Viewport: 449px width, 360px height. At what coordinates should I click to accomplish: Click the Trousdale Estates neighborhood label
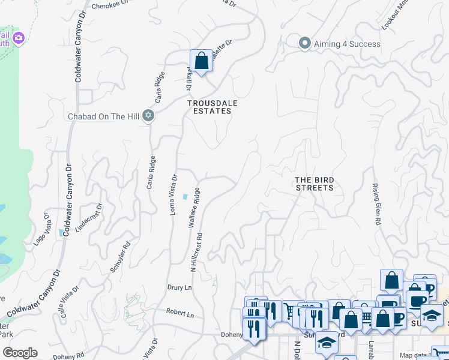tap(212, 107)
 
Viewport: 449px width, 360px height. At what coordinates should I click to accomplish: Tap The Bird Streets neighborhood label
tap(314, 184)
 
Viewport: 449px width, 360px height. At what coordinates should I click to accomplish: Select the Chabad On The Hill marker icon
tap(148, 116)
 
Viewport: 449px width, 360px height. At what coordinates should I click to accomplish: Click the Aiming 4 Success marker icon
tap(305, 43)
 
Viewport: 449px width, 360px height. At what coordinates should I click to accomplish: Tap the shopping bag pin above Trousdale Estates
tap(201, 61)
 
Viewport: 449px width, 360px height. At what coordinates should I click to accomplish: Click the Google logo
tap(20, 353)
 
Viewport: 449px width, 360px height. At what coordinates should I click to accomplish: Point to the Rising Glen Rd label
tap(377, 205)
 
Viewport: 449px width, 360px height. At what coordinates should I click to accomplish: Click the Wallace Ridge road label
tap(194, 208)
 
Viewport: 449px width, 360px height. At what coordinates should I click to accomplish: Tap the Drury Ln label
tap(179, 288)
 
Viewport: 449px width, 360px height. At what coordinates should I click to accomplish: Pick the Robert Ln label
tap(181, 314)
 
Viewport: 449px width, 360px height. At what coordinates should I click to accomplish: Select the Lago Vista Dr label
tap(41, 229)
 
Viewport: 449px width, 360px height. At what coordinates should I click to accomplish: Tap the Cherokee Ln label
tap(110, 6)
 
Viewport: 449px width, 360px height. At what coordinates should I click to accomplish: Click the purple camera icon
tap(18, 38)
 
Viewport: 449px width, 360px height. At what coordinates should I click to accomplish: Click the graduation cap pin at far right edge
tap(432, 316)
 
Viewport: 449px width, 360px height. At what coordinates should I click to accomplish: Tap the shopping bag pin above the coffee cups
tap(391, 280)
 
